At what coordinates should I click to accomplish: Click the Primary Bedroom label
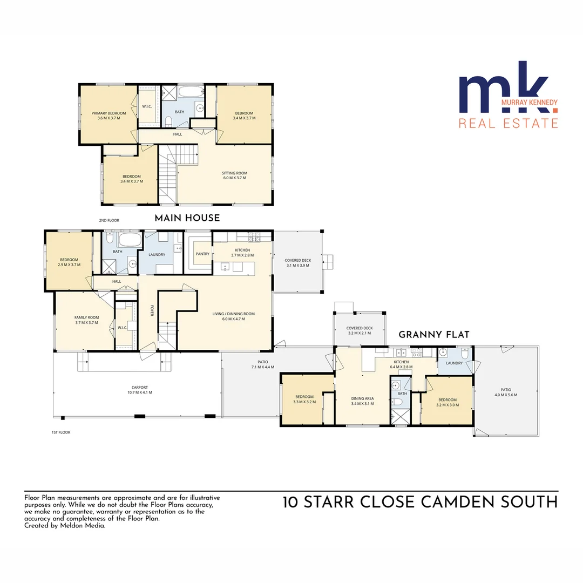(109, 113)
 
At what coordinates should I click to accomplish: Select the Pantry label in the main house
(202, 253)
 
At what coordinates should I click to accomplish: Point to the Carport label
(139, 387)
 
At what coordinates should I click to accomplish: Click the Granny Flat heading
(433, 335)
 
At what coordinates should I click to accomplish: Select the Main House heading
(187, 218)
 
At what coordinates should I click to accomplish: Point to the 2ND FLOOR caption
(109, 220)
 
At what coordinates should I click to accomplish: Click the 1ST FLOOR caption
(60, 432)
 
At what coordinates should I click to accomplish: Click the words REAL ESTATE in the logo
(508, 123)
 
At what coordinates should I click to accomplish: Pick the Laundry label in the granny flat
(454, 363)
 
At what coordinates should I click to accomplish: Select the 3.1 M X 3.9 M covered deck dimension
(297, 266)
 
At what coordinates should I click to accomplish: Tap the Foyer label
(152, 311)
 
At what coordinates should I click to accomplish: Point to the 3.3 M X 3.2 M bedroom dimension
(304, 402)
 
